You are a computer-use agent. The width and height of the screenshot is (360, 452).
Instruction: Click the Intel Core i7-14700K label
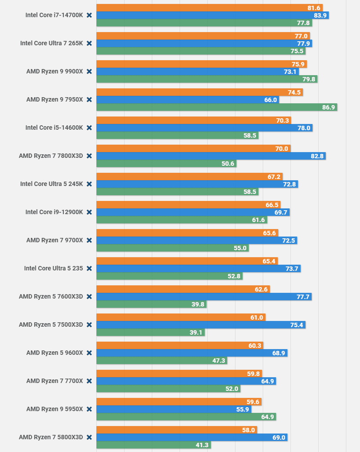point(54,15)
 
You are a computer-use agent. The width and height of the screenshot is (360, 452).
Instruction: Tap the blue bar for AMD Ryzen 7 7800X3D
point(211,156)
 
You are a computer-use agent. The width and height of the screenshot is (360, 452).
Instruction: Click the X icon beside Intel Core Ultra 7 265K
point(89,43)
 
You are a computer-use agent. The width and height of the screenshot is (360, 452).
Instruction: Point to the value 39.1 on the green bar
point(196,332)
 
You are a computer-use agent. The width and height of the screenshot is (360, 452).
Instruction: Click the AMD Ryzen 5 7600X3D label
point(51,296)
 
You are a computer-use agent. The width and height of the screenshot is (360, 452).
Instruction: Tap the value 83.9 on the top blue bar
point(320,15)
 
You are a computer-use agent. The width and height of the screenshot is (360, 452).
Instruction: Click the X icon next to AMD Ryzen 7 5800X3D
point(89,437)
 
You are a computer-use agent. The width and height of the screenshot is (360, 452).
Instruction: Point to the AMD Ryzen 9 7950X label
point(55,99)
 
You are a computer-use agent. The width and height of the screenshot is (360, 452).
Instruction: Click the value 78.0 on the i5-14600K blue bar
point(304,128)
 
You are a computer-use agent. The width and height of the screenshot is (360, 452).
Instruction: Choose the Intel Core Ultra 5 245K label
point(51,184)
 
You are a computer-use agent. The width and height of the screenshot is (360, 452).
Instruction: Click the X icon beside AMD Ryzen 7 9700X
point(89,240)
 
